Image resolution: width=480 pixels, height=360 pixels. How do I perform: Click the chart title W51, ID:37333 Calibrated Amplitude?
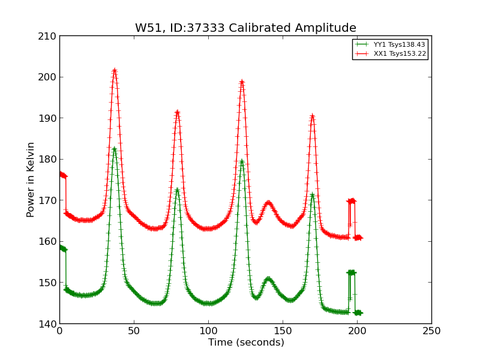click(x=245, y=28)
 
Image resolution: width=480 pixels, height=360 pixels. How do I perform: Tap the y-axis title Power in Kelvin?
click(x=31, y=179)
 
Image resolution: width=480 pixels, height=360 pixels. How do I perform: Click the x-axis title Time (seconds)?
click(x=246, y=343)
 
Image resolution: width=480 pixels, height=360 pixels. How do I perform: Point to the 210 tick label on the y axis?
click(x=49, y=36)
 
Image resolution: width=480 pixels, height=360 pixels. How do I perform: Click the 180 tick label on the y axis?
click(x=49, y=159)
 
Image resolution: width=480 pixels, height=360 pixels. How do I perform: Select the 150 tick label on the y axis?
click(x=49, y=283)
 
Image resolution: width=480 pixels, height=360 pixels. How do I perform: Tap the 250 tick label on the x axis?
click(x=431, y=331)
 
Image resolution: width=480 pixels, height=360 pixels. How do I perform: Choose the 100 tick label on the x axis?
click(x=208, y=331)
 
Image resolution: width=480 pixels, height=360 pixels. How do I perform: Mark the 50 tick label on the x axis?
click(x=134, y=331)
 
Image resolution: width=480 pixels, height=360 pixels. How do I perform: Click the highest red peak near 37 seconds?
click(x=115, y=71)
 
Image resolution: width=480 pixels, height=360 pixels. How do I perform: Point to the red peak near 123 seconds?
click(x=242, y=82)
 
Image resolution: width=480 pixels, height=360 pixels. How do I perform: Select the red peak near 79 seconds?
click(x=177, y=112)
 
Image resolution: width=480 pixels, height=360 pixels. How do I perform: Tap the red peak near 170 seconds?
click(x=312, y=115)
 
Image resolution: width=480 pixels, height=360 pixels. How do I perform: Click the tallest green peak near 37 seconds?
click(x=114, y=149)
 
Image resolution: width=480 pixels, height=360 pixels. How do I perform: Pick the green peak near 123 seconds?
click(x=242, y=161)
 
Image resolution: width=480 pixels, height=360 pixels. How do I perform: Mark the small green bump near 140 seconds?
click(x=268, y=278)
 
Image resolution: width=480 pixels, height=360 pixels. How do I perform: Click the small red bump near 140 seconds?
click(x=268, y=203)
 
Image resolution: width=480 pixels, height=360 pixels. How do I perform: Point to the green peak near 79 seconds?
click(x=177, y=190)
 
